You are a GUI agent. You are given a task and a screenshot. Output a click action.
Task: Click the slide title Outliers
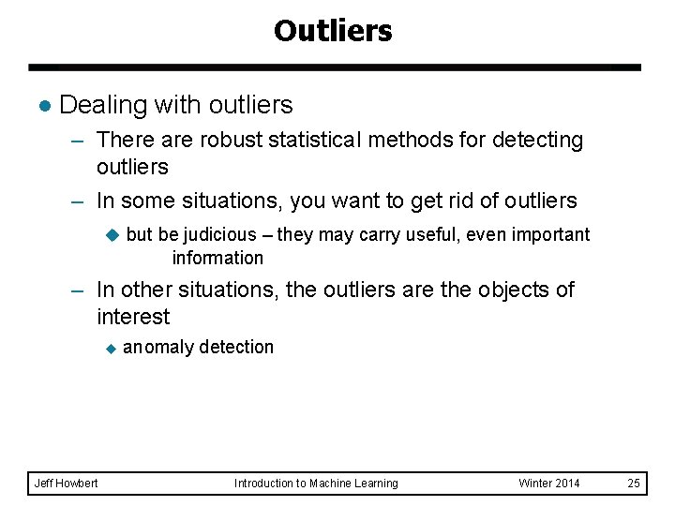tap(333, 31)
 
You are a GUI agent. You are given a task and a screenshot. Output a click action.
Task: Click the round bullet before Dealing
tap(42, 106)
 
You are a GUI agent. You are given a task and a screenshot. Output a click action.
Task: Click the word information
tap(217, 258)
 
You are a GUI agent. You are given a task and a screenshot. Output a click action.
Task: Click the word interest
tap(132, 317)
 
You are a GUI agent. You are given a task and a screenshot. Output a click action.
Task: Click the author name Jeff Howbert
tap(66, 484)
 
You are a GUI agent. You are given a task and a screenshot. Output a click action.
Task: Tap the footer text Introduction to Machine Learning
tap(316, 484)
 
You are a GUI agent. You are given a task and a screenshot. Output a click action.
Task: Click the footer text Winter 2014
tap(549, 484)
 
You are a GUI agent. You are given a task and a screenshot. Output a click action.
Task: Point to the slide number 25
tap(634, 484)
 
